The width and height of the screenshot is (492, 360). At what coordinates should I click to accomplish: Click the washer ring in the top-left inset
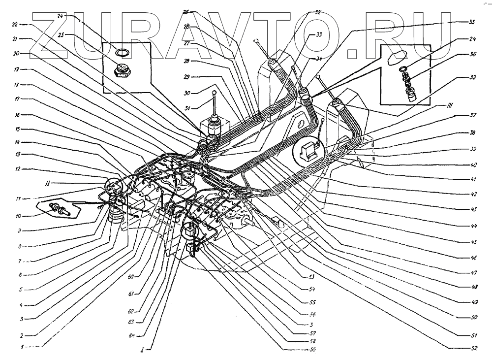tap(120, 52)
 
